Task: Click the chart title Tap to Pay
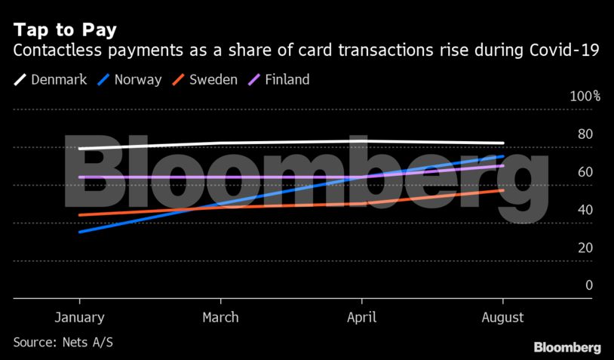[x=64, y=31]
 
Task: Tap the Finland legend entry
[x=285, y=79]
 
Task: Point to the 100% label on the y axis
[x=585, y=97]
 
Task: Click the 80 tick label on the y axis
[x=585, y=134]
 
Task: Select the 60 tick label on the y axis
[x=585, y=172]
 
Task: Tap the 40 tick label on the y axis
[x=585, y=210]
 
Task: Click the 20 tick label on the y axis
[x=585, y=248]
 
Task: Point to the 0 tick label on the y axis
[x=589, y=285]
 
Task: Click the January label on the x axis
[x=80, y=318]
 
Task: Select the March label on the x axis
[x=220, y=318]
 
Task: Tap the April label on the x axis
[x=361, y=318]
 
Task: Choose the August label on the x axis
[x=502, y=318]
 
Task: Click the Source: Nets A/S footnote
[x=63, y=343]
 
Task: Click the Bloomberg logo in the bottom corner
[x=567, y=347]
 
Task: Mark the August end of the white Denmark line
[x=503, y=143]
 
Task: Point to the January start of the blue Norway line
[x=80, y=232]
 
